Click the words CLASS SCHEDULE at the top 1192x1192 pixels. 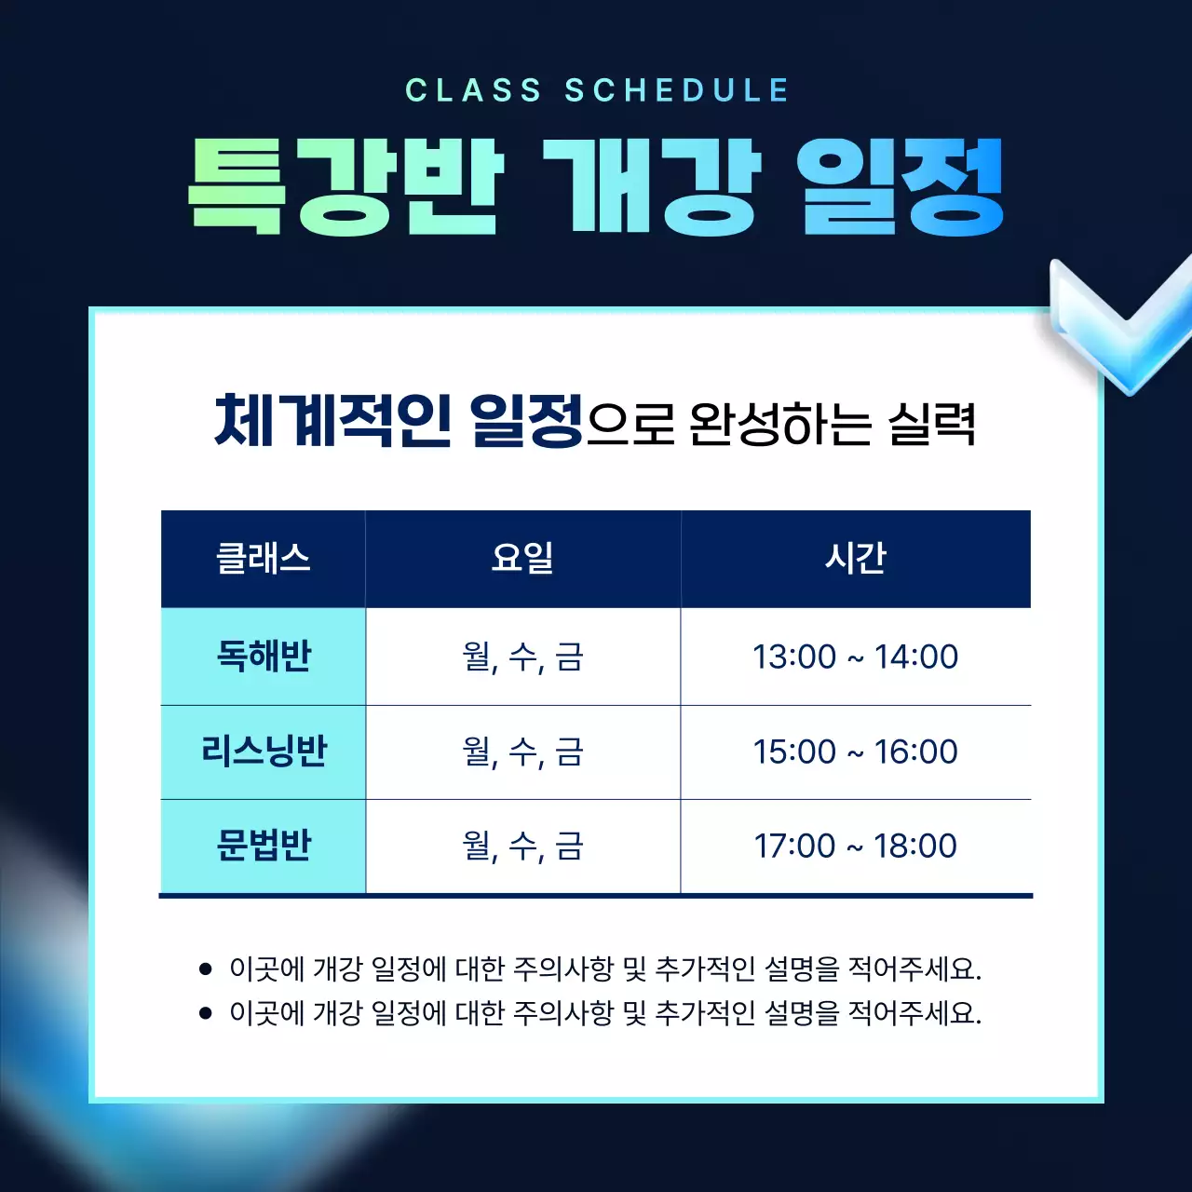click(597, 90)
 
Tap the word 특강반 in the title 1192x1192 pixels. click(345, 185)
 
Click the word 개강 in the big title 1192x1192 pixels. click(651, 185)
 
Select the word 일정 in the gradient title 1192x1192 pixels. click(901, 185)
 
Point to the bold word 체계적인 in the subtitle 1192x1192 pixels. click(332, 421)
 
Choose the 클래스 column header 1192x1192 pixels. click(264, 559)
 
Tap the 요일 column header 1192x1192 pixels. click(522, 559)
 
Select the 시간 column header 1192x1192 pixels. click(855, 559)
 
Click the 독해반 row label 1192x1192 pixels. click(264, 657)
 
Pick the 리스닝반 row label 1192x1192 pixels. click(264, 752)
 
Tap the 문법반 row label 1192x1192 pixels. click(264, 846)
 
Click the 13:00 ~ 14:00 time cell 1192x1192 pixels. click(855, 657)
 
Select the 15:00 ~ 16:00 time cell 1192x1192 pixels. click(855, 752)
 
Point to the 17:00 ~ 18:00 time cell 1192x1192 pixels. click(855, 846)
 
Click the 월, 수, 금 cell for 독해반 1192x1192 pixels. click(522, 657)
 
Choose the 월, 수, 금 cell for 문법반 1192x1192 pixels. click(522, 846)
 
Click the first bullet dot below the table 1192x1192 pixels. click(206, 969)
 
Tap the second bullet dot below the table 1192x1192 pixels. click(206, 1012)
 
